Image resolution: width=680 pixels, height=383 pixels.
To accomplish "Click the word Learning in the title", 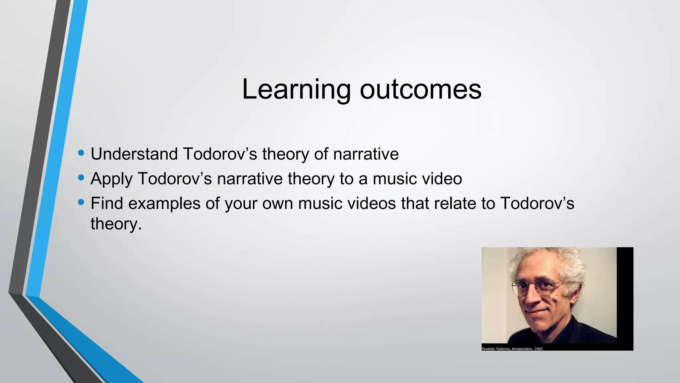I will point(296,90).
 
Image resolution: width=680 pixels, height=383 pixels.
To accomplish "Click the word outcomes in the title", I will point(420,90).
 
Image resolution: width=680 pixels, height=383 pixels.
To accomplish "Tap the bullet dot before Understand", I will point(81,153).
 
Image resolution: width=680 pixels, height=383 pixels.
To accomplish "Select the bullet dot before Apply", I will point(81,178).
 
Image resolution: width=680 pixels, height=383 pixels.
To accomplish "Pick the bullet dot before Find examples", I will point(81,202).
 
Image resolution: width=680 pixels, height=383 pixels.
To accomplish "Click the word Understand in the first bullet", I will point(134,154).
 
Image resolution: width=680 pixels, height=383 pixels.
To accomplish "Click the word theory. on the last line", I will point(116,224).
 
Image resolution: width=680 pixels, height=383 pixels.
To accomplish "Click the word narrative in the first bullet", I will point(366,154).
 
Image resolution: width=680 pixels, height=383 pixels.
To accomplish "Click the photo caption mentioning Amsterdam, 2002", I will point(512,349).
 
